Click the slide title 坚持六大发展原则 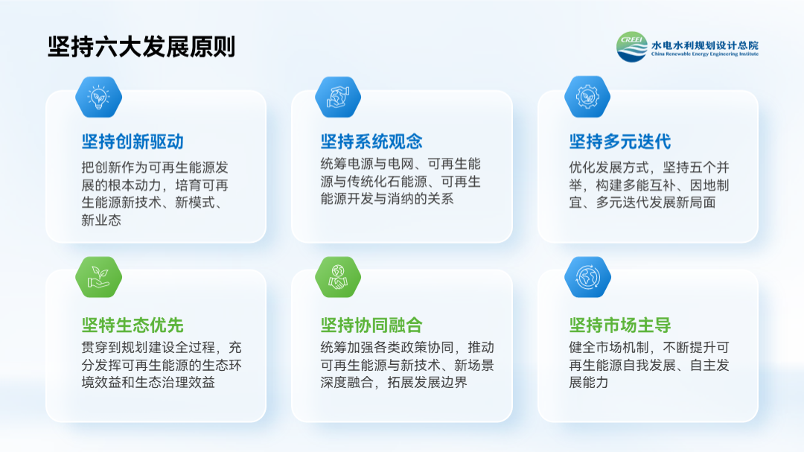[141, 47]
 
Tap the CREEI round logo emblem [632, 47]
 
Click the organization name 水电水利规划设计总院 [704, 45]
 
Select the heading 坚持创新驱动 [133, 141]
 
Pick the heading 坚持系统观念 [371, 141]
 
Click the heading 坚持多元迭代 [620, 141]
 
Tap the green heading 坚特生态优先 [133, 325]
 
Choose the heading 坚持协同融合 [371, 325]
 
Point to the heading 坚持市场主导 [620, 325]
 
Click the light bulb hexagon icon [98, 97]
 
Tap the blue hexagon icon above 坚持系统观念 [338, 97]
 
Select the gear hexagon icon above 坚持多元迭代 [587, 97]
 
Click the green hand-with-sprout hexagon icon [98, 277]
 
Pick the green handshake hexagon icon [338, 277]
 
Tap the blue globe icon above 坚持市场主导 [587, 277]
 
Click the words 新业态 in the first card [101, 220]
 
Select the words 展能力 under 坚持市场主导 [589, 382]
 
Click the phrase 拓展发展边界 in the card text [427, 382]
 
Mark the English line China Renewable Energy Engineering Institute [704, 54]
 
